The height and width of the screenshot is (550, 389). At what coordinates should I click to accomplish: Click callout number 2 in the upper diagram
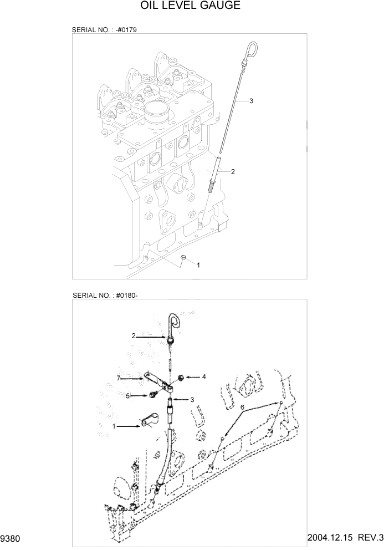coord(233,172)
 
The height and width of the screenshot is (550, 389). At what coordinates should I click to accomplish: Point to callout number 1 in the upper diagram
coord(198,265)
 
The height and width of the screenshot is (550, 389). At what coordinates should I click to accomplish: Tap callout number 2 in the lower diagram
coord(134,335)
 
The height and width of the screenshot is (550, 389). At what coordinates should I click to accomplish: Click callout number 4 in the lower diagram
coord(203,376)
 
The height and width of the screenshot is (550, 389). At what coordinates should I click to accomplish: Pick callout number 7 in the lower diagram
coord(118,378)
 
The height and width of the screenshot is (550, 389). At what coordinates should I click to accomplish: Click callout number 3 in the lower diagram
coord(192,400)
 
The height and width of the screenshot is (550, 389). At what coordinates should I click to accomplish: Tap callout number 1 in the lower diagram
coord(114,426)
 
